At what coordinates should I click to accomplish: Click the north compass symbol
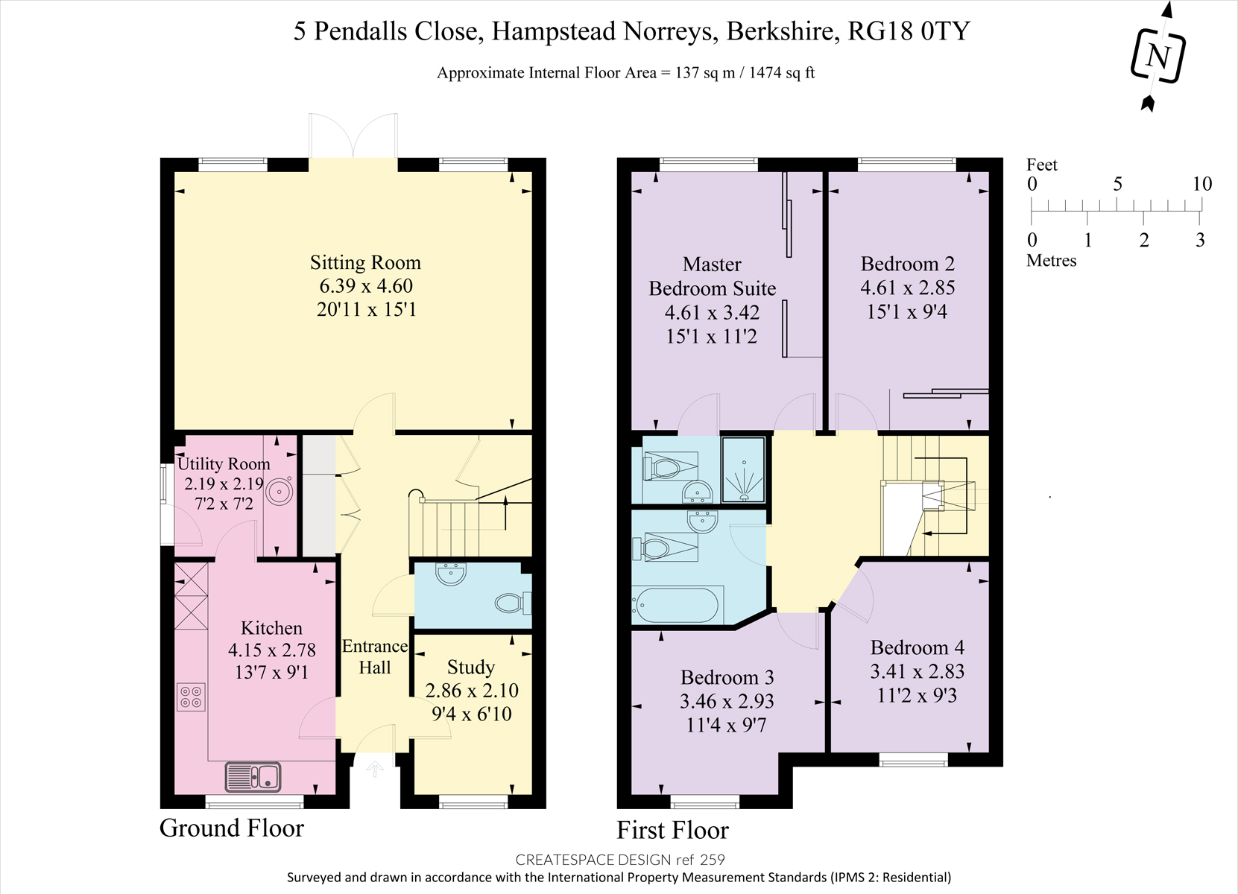click(x=1158, y=56)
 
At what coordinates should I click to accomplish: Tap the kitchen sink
click(x=253, y=777)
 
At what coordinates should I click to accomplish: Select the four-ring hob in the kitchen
click(x=191, y=697)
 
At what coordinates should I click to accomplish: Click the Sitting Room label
click(x=365, y=263)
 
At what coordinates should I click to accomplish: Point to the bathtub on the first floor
click(x=677, y=605)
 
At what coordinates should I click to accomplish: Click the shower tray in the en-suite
click(x=744, y=469)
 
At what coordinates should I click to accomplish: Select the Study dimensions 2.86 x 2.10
click(x=472, y=691)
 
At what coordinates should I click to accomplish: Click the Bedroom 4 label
click(x=917, y=647)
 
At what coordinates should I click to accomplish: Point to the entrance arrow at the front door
click(x=375, y=769)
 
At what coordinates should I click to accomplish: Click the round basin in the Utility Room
click(x=280, y=491)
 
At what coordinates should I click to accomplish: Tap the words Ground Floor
click(x=232, y=828)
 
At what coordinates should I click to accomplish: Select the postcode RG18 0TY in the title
click(x=909, y=31)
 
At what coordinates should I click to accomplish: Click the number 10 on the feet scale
click(x=1201, y=184)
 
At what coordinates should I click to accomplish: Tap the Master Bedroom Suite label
click(x=712, y=276)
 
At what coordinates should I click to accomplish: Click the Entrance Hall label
click(x=375, y=657)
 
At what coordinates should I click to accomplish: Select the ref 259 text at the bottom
click(x=700, y=860)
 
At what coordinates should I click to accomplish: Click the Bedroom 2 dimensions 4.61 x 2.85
click(x=907, y=288)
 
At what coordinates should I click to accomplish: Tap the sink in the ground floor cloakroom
click(x=451, y=574)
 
